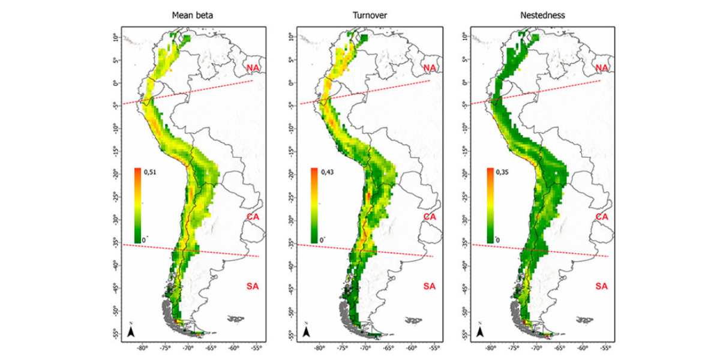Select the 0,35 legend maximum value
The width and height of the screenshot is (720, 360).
click(504, 172)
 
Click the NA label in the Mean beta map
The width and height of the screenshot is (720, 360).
click(254, 68)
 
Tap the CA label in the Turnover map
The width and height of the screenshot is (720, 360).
click(430, 216)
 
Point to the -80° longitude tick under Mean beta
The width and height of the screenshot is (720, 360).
click(142, 348)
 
